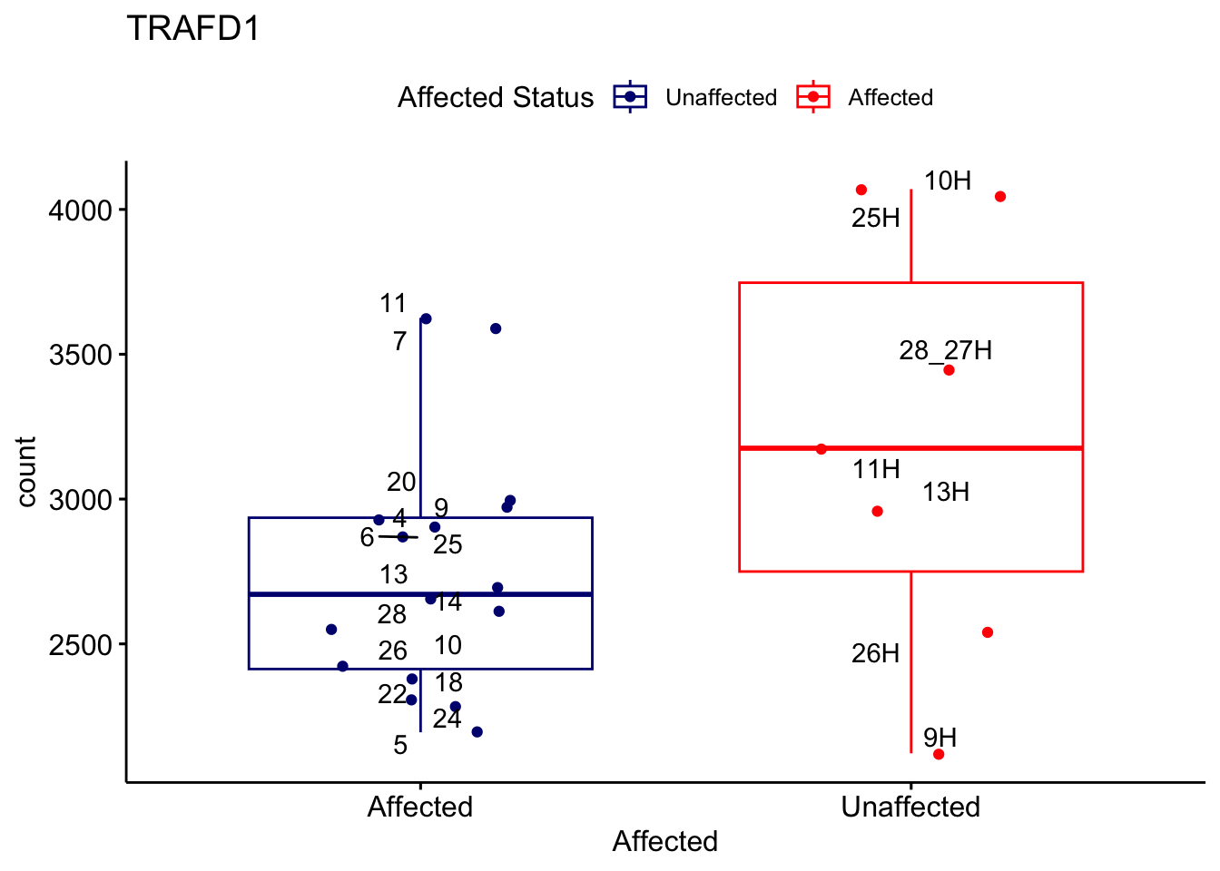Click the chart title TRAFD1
pos(193,29)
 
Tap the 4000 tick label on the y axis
pos(80,210)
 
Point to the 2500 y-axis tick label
pos(80,645)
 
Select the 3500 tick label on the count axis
pos(80,355)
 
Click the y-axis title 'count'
pos(26,471)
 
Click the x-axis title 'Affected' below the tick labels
pos(664,841)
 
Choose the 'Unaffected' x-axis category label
pos(910,807)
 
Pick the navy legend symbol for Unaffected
pos(630,97)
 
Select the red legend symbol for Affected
pos(813,97)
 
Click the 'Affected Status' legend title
pos(496,97)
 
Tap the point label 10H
pos(948,181)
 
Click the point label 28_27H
pos(946,350)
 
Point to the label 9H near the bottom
pos(940,737)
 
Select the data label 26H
pos(875,653)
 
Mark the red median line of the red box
pos(910,448)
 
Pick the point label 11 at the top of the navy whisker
pos(393,303)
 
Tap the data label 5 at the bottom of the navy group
pos(400,745)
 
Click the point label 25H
pos(876,218)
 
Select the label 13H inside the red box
pos(946,492)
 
